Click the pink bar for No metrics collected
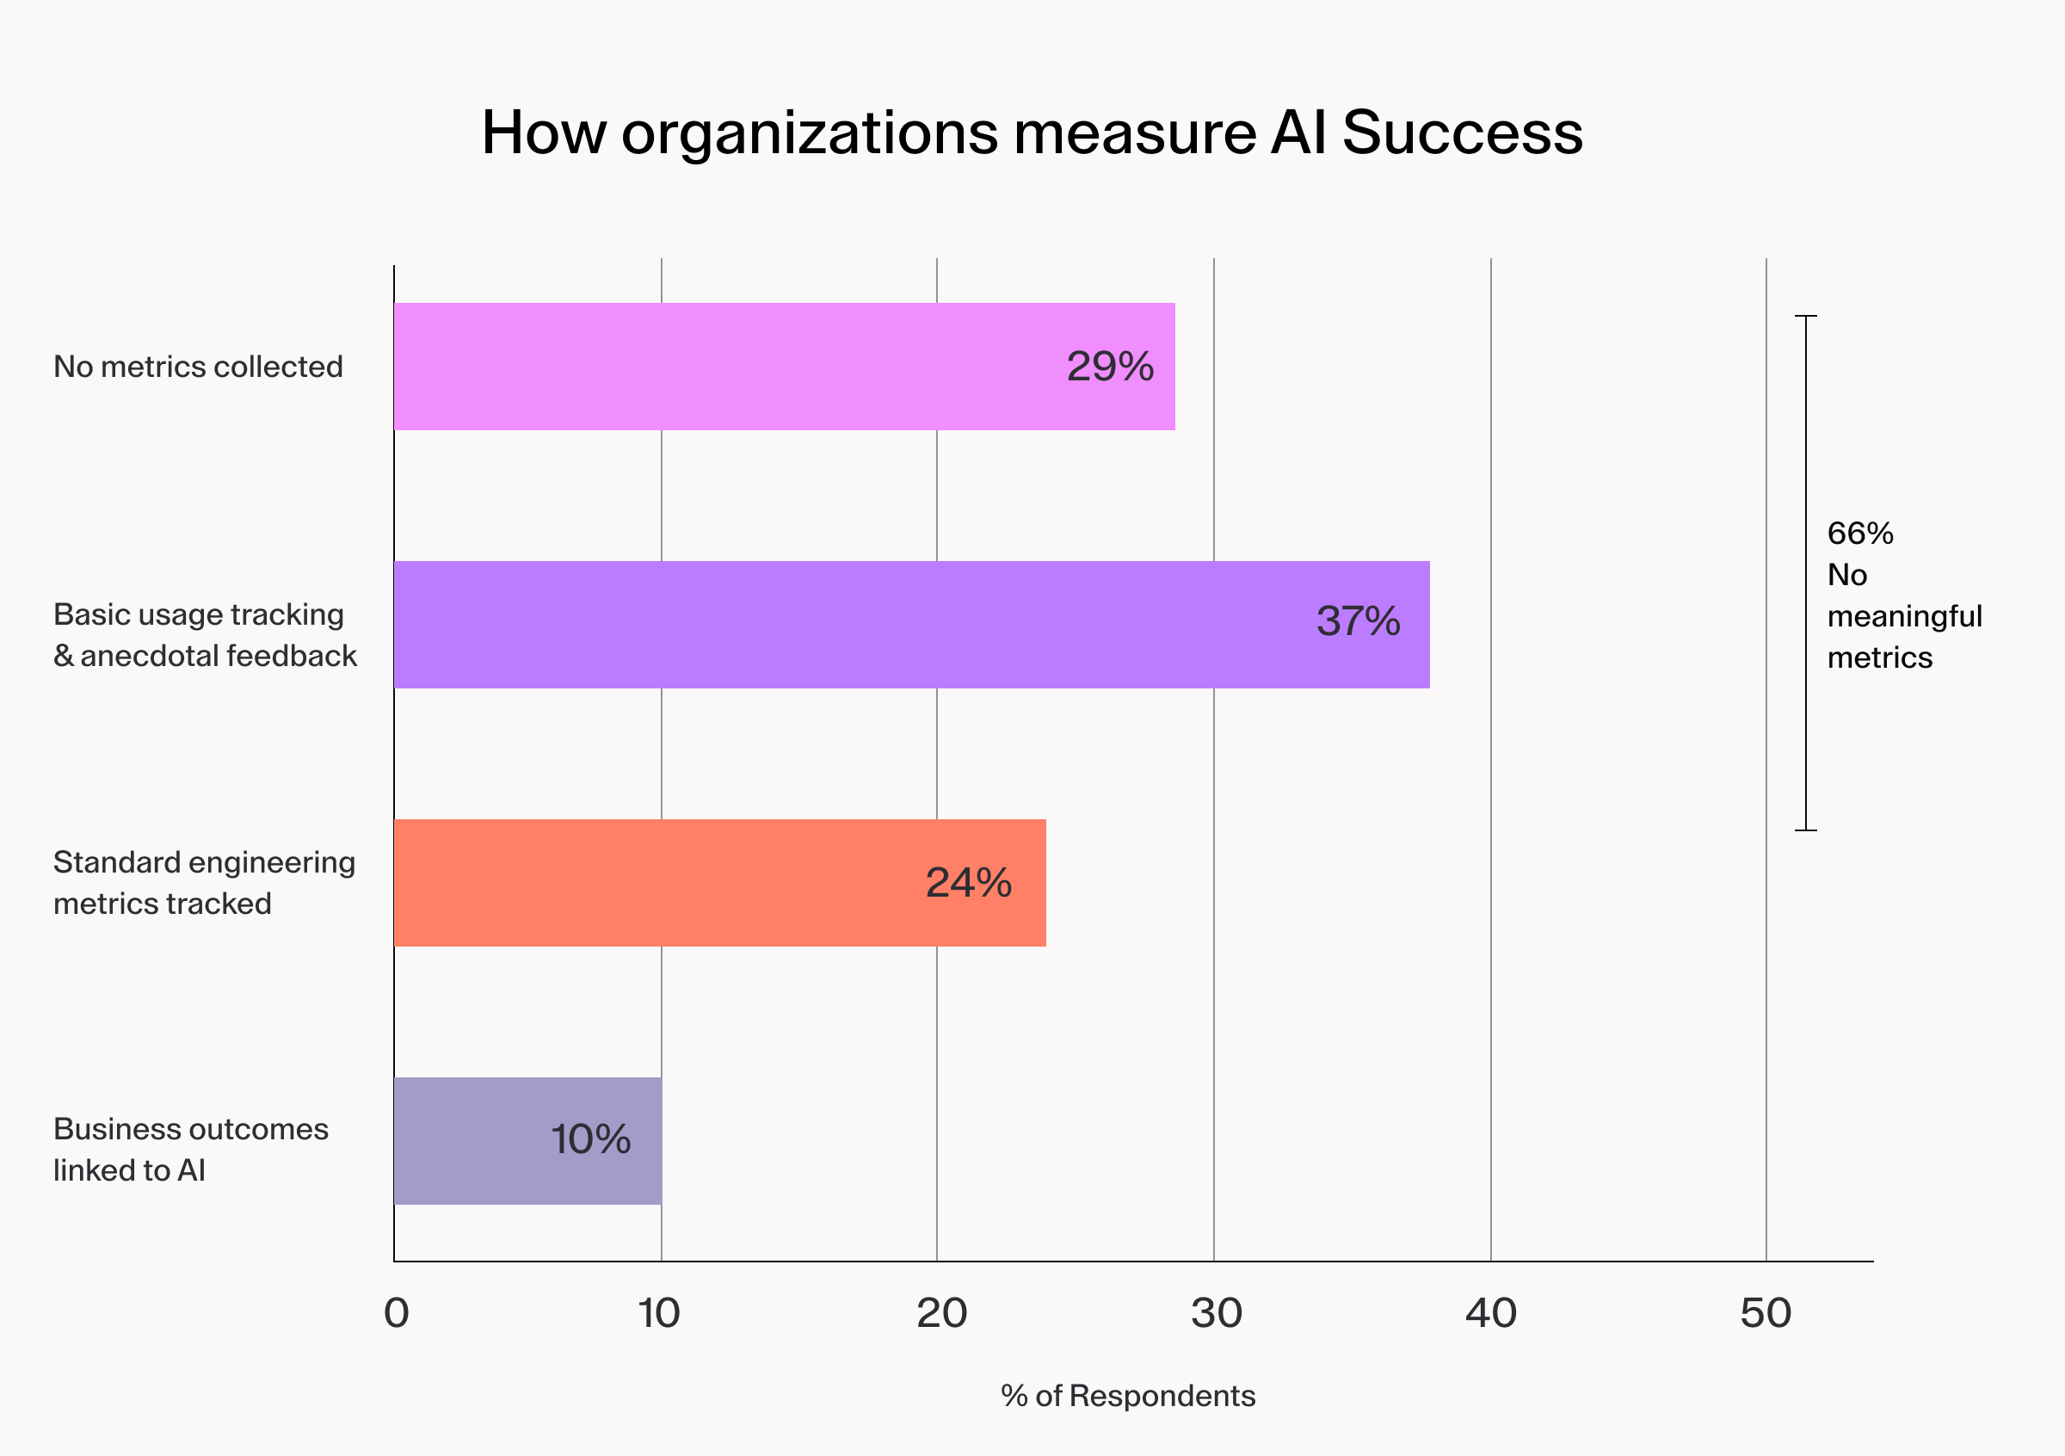(x=782, y=366)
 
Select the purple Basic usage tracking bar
(x=910, y=624)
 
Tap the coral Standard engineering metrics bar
(x=719, y=882)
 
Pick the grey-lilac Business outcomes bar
(x=527, y=1140)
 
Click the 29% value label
(x=1110, y=367)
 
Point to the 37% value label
(x=1358, y=621)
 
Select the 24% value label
(x=969, y=883)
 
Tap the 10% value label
(x=591, y=1139)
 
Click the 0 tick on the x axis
(x=397, y=1314)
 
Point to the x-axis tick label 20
(x=941, y=1314)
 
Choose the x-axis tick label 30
(x=1217, y=1314)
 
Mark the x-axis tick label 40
(x=1491, y=1314)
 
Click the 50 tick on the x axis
(x=1766, y=1314)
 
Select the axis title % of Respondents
(x=1128, y=1396)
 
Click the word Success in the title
(x=1463, y=133)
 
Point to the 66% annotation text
(x=1860, y=534)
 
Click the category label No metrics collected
(x=198, y=367)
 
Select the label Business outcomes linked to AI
(x=191, y=1150)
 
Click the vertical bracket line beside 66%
(x=1806, y=573)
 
